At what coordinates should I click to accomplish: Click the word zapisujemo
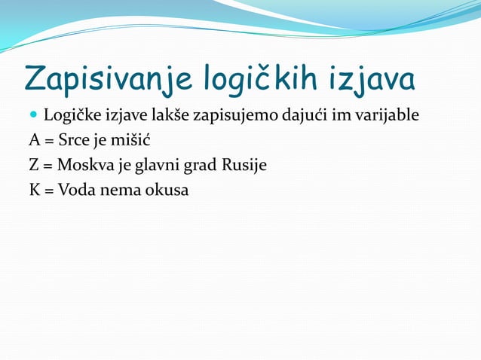[x=233, y=117]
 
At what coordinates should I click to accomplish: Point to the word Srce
[x=75, y=141]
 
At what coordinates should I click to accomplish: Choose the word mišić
[x=125, y=141]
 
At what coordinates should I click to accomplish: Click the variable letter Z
[x=35, y=165]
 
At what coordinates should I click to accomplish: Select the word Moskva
[x=84, y=165]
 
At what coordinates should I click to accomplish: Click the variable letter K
[x=35, y=189]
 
